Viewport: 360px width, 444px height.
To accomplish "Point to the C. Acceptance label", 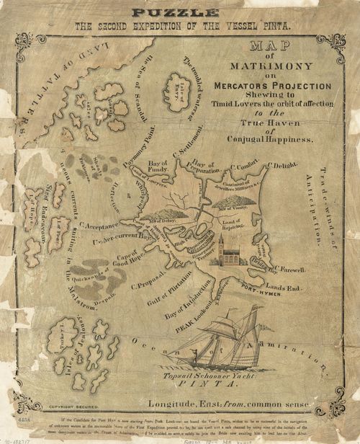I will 102,226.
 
